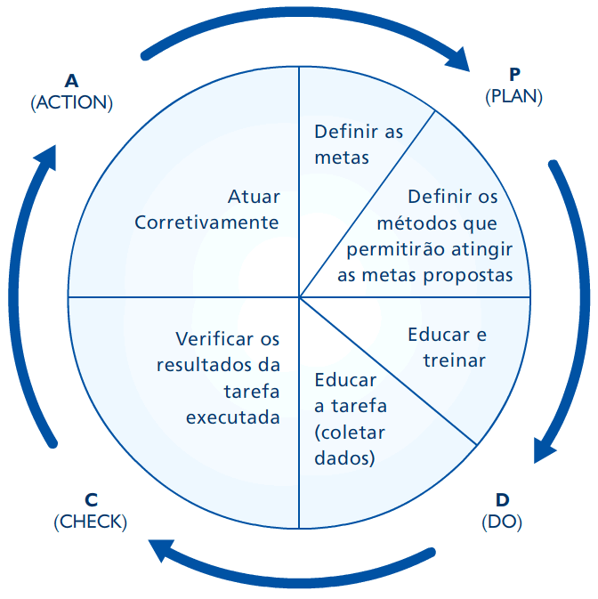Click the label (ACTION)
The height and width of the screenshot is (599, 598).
tap(72, 103)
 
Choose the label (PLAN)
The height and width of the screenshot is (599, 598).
tap(514, 96)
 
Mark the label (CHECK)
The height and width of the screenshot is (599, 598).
tap(91, 522)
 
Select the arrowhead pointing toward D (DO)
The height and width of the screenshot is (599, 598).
tap(545, 449)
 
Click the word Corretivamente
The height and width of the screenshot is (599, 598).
tap(206, 223)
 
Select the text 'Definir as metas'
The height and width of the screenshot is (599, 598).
tap(359, 144)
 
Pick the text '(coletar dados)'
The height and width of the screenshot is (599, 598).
tap(350, 446)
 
